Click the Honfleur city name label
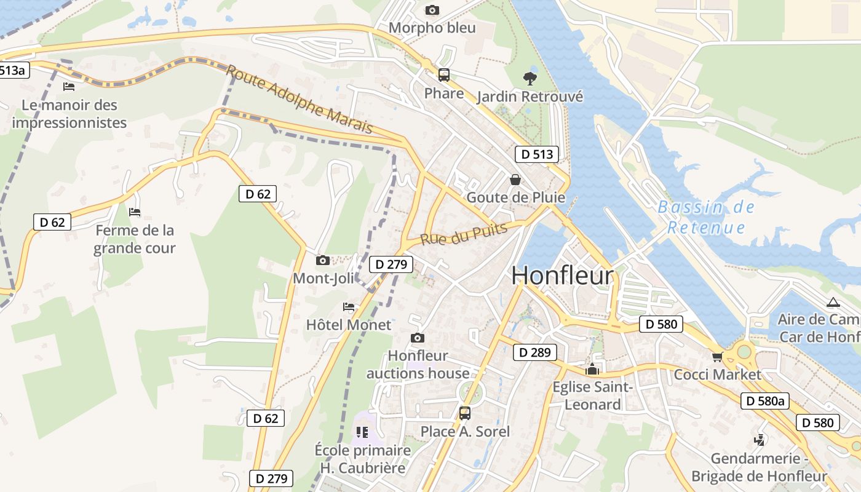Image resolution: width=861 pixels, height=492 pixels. (x=562, y=276)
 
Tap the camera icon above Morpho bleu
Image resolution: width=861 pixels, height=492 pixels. (x=432, y=10)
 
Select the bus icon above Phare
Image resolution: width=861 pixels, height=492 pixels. (x=443, y=75)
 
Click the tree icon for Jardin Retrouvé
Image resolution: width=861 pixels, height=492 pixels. (x=529, y=78)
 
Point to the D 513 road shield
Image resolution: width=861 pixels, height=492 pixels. (x=537, y=154)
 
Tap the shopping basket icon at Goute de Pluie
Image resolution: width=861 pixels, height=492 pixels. (x=515, y=180)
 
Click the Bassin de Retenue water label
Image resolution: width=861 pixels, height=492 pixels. (x=706, y=217)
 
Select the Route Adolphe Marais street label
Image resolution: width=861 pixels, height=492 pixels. (x=300, y=99)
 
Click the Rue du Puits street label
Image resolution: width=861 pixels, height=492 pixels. (x=464, y=234)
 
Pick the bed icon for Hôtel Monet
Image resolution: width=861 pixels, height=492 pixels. (x=349, y=306)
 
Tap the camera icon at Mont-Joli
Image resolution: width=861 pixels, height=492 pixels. (x=322, y=261)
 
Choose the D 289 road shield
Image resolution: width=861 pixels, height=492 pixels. (x=534, y=352)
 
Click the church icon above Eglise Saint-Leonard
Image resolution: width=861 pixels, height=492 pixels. (x=592, y=369)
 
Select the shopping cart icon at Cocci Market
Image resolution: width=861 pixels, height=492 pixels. (x=717, y=357)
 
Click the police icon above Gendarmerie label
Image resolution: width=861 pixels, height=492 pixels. (x=760, y=440)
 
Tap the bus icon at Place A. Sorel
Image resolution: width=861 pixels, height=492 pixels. (x=465, y=413)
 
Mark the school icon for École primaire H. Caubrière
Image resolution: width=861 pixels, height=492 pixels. (x=362, y=432)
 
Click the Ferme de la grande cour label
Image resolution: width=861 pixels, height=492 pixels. (x=135, y=239)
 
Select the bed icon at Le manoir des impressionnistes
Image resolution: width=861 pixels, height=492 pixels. (x=69, y=86)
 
